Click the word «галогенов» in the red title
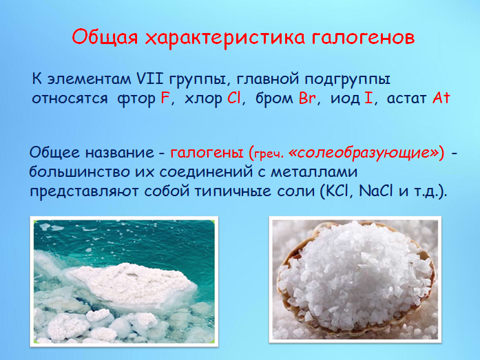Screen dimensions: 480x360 point(364,37)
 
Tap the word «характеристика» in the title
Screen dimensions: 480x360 point(225,38)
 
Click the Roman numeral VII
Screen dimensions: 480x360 point(150,79)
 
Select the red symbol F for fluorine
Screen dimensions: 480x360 point(165,98)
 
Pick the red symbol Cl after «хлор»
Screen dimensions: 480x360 point(234,98)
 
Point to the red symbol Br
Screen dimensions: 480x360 point(307,98)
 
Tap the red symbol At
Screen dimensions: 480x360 point(441,98)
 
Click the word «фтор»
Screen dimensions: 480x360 point(136,99)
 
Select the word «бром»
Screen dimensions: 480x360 point(274,99)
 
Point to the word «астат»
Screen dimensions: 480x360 point(406,99)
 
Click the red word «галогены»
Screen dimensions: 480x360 point(207,152)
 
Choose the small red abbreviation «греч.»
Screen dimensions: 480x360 point(269,154)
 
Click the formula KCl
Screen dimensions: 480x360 point(338,191)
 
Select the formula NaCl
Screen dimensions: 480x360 point(375,191)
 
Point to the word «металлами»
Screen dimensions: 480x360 point(314,172)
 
